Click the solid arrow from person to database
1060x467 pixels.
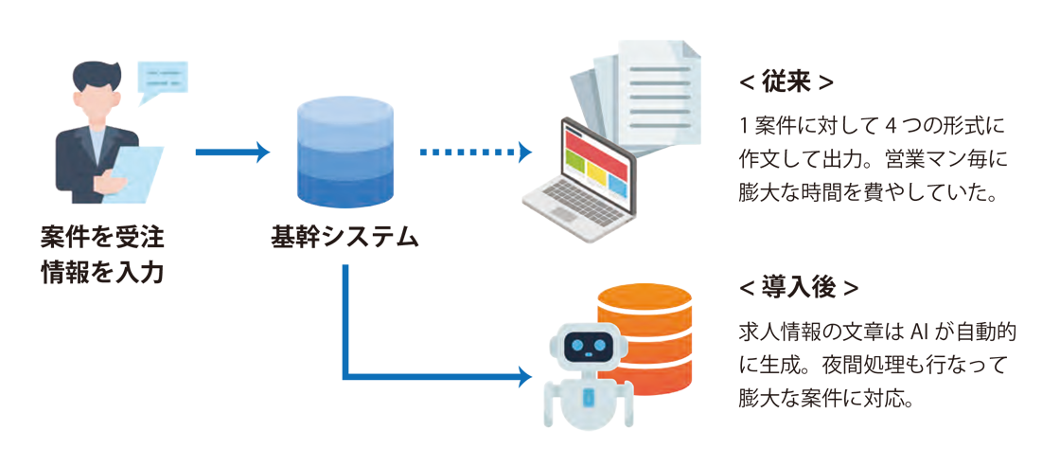tap(233, 152)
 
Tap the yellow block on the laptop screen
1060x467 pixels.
tap(596, 173)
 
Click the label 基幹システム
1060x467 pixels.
tap(344, 236)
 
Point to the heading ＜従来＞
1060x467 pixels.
tap(786, 82)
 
